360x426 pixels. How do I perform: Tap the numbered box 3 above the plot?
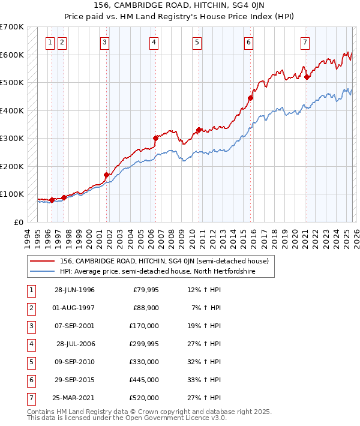click(x=104, y=42)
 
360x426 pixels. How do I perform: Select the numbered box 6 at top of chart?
click(x=248, y=42)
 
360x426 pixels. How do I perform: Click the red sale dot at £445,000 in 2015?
click(x=251, y=98)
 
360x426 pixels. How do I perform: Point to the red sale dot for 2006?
click(x=155, y=138)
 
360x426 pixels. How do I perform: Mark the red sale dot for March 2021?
click(x=307, y=77)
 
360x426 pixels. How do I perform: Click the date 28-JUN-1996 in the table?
click(x=74, y=290)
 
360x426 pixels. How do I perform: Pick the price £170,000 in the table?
click(x=143, y=326)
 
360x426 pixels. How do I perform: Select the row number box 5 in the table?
click(x=31, y=362)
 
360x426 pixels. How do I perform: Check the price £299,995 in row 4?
click(x=143, y=344)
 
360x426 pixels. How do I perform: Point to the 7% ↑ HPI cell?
click(x=206, y=308)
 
